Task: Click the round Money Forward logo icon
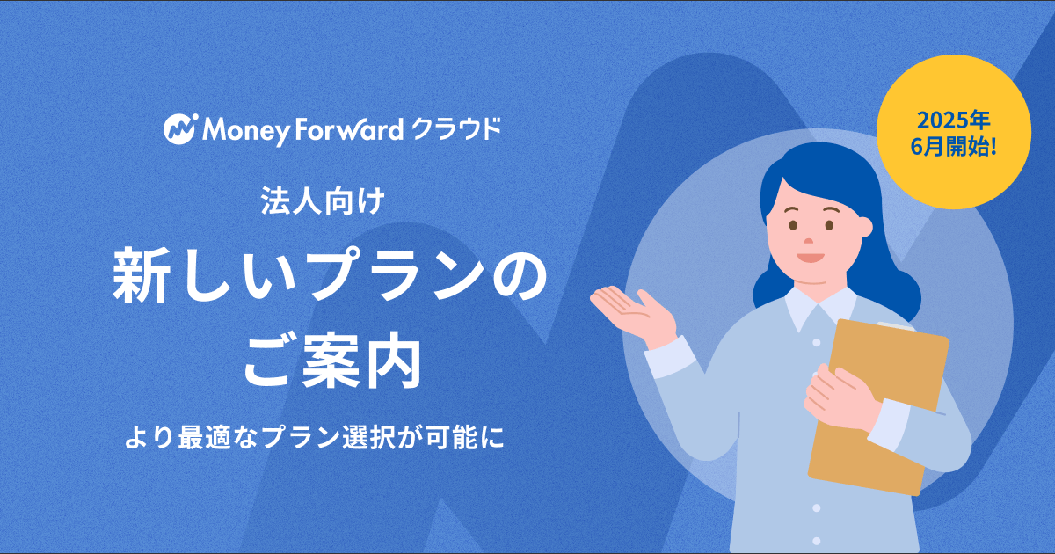180,129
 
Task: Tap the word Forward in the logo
349,129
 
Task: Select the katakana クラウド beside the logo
456,129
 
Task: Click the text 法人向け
324,201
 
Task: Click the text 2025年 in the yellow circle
953,121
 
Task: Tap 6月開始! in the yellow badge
953,148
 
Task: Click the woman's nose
808,241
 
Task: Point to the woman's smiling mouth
811,259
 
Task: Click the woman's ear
865,227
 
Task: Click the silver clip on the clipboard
896,326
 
